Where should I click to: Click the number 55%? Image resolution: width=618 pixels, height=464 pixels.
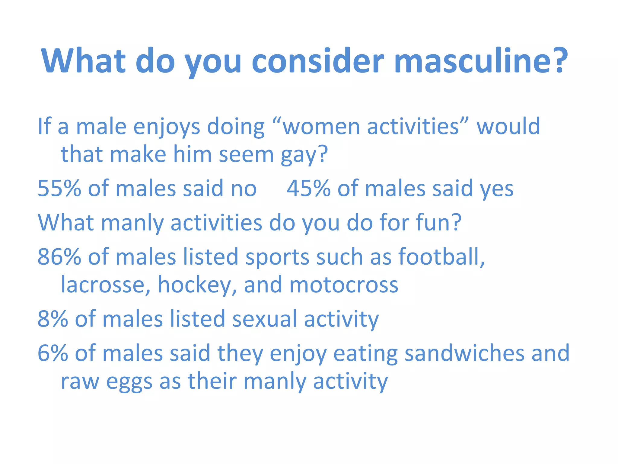point(59,188)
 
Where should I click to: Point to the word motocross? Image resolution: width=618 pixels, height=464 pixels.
point(344,285)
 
